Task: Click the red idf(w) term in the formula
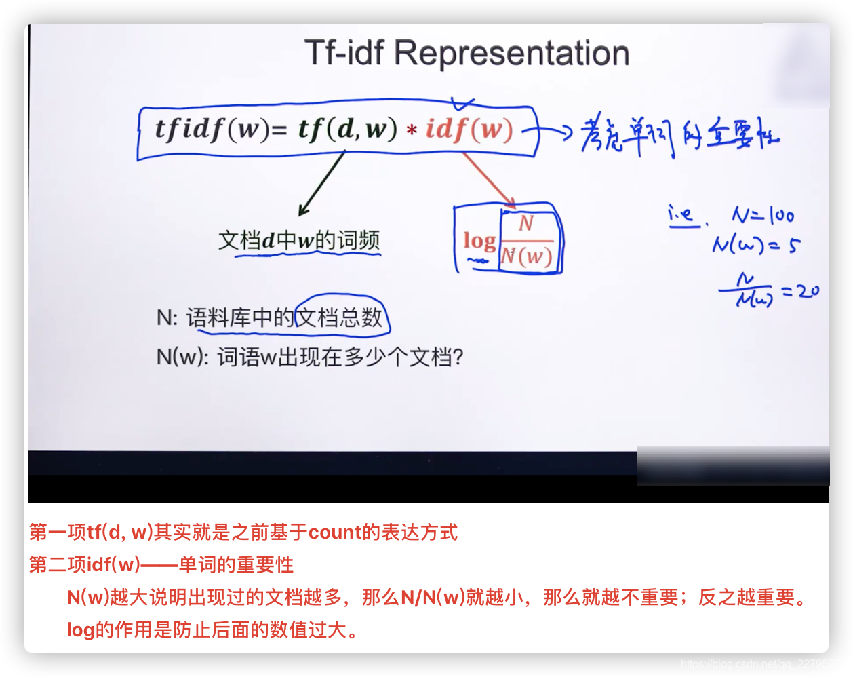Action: click(x=469, y=129)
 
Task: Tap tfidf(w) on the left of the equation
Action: click(x=212, y=129)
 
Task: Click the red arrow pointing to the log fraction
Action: click(x=490, y=180)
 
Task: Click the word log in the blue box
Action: click(x=479, y=240)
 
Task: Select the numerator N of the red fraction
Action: click(x=526, y=223)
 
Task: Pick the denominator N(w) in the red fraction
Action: click(x=526, y=256)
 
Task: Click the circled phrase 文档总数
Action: click(x=342, y=317)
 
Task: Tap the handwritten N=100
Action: click(x=763, y=216)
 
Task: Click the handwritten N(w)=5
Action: click(x=755, y=244)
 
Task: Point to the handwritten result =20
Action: click(x=800, y=292)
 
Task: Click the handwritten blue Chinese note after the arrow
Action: click(x=678, y=136)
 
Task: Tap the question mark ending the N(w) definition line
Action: click(x=458, y=357)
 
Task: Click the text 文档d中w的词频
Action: click(x=299, y=240)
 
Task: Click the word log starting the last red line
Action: click(x=80, y=630)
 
